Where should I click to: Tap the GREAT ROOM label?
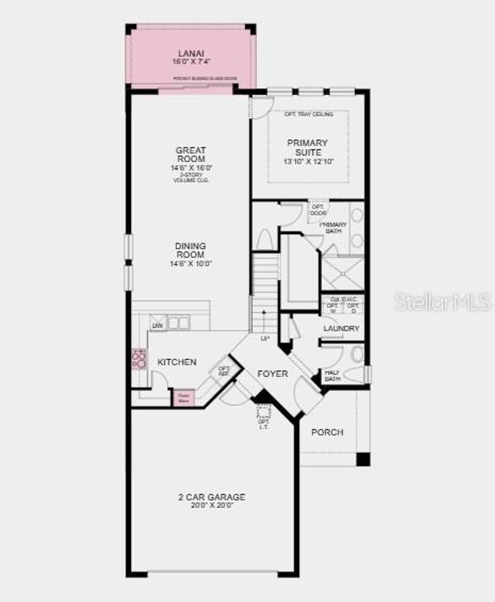click(191, 155)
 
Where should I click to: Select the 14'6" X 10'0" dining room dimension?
click(191, 264)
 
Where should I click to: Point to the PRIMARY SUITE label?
click(307, 147)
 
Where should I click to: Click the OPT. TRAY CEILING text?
click(308, 114)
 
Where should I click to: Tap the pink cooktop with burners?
click(139, 358)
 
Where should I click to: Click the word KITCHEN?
click(177, 362)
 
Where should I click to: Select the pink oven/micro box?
click(184, 398)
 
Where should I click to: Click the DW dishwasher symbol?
click(158, 326)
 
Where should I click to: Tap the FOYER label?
click(272, 374)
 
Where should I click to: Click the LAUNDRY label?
click(341, 329)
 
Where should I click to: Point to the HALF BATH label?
click(333, 375)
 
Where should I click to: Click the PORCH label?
click(327, 432)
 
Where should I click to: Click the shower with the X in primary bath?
click(342, 273)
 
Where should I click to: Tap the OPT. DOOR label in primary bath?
click(318, 210)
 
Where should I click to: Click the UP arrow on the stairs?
click(264, 319)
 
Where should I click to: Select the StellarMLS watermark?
click(443, 302)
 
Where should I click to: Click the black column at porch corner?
click(363, 459)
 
